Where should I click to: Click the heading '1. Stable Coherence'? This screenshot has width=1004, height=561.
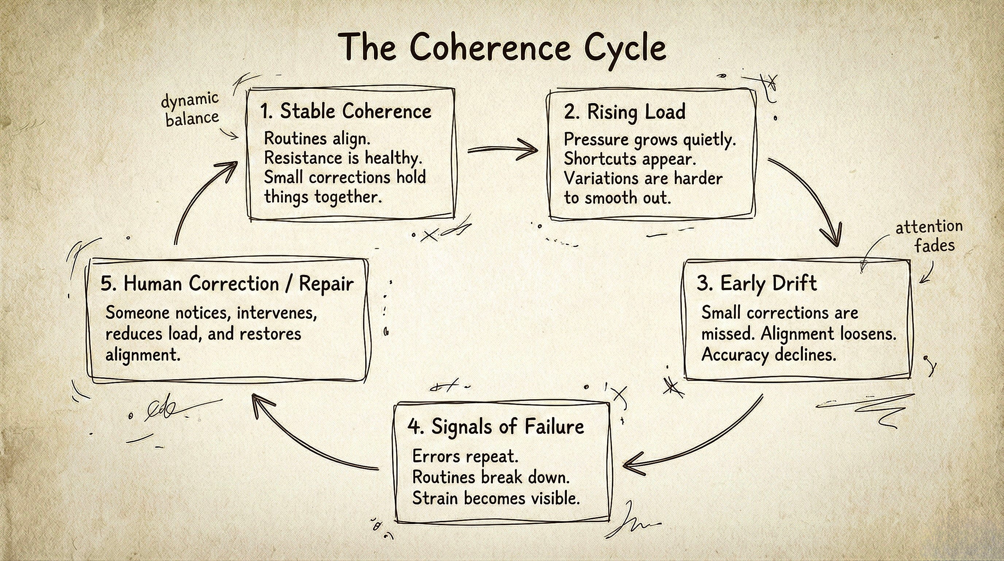[346, 111]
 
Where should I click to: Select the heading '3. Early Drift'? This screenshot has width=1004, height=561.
[757, 283]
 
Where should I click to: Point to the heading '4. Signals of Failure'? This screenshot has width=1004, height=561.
[496, 426]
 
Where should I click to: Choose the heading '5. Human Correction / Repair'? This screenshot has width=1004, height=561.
[227, 284]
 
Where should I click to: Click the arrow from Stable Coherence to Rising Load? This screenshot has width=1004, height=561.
[502, 150]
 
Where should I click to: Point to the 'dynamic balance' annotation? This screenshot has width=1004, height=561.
[190, 110]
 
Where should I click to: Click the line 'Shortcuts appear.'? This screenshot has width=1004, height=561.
[630, 159]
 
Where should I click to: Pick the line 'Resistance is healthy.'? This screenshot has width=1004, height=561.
[343, 158]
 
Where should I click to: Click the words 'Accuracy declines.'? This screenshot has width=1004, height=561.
[769, 355]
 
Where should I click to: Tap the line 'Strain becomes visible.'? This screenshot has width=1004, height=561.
[496, 498]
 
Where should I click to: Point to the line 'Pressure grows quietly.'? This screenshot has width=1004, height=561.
[650, 139]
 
